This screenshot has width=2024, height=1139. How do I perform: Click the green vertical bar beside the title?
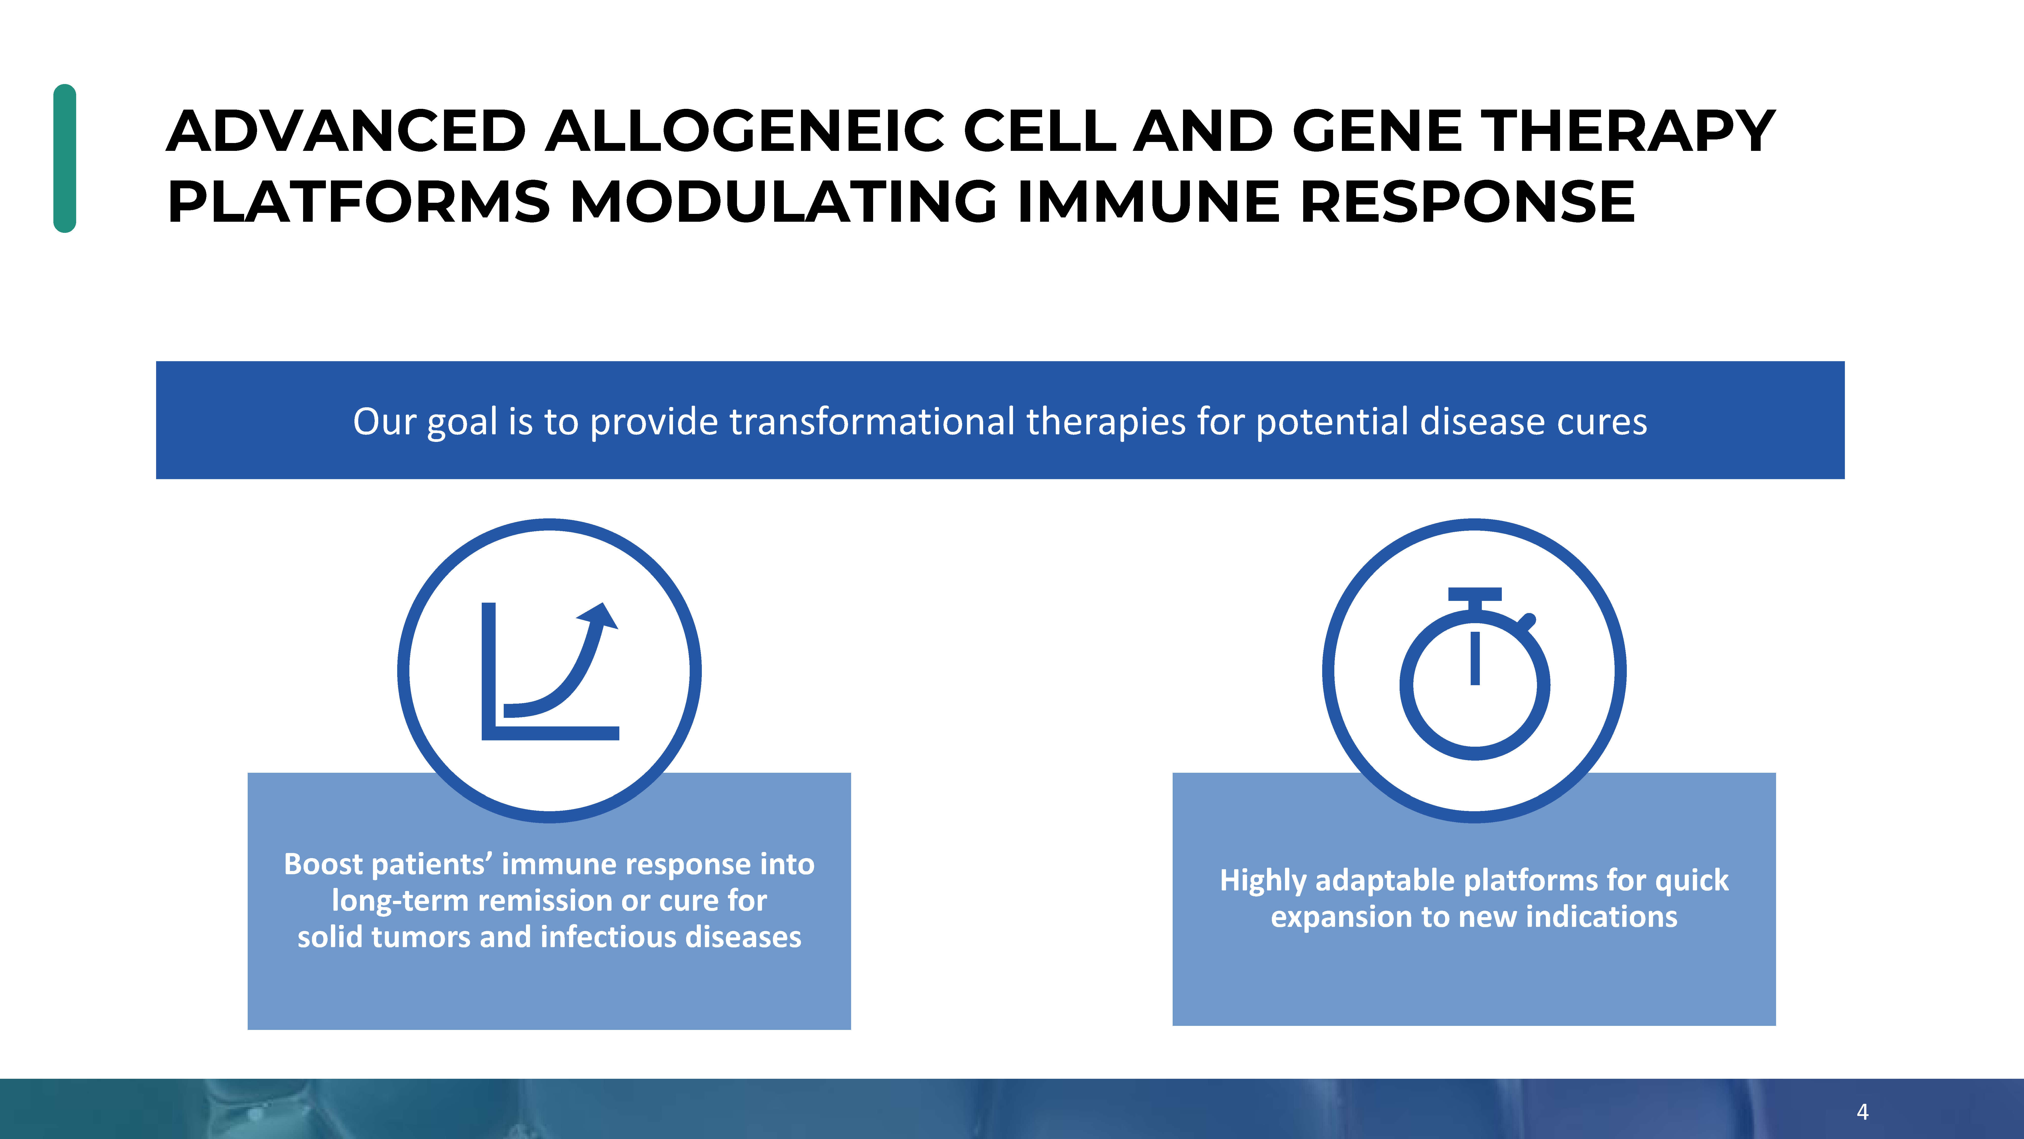point(65,158)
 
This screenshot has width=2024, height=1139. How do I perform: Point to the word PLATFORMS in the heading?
point(359,201)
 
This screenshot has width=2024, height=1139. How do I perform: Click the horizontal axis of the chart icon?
point(550,734)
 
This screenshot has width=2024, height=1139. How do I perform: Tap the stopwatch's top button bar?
point(1475,594)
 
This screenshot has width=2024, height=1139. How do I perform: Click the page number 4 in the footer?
point(1862,1111)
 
